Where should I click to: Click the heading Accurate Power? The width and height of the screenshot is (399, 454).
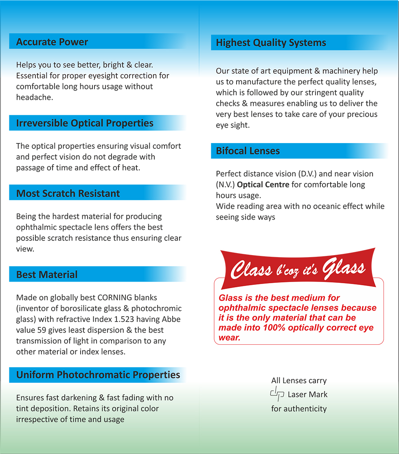[52, 42]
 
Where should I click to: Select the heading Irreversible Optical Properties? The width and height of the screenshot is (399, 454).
[85, 123]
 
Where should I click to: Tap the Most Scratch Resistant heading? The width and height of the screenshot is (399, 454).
[68, 194]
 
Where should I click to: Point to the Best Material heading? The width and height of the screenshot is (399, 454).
[47, 275]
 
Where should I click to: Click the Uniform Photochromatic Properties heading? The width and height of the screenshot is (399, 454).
[98, 375]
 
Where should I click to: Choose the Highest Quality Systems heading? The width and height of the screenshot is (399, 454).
[271, 43]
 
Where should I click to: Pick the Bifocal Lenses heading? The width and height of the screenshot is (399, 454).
[248, 151]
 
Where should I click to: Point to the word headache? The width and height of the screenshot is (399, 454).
[35, 97]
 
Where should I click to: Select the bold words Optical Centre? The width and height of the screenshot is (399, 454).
[263, 185]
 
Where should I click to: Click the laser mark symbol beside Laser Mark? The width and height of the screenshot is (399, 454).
[276, 394]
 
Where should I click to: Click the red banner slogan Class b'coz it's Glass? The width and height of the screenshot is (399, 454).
[298, 269]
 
